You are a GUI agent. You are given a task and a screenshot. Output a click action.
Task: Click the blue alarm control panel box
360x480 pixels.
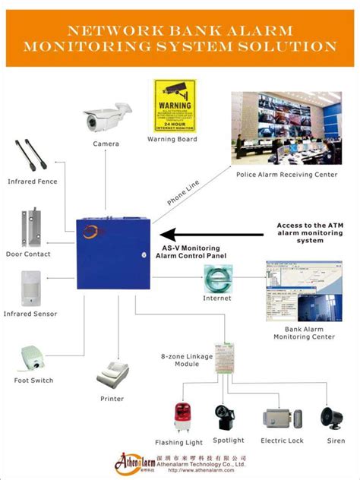[113, 252]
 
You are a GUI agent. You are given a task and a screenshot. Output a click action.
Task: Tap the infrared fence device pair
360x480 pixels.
[32, 158]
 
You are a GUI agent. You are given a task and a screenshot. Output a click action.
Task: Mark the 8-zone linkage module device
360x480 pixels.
[226, 355]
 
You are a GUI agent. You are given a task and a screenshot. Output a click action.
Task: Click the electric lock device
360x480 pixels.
[282, 418]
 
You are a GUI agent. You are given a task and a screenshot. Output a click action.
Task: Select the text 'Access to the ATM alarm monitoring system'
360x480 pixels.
[309, 232]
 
